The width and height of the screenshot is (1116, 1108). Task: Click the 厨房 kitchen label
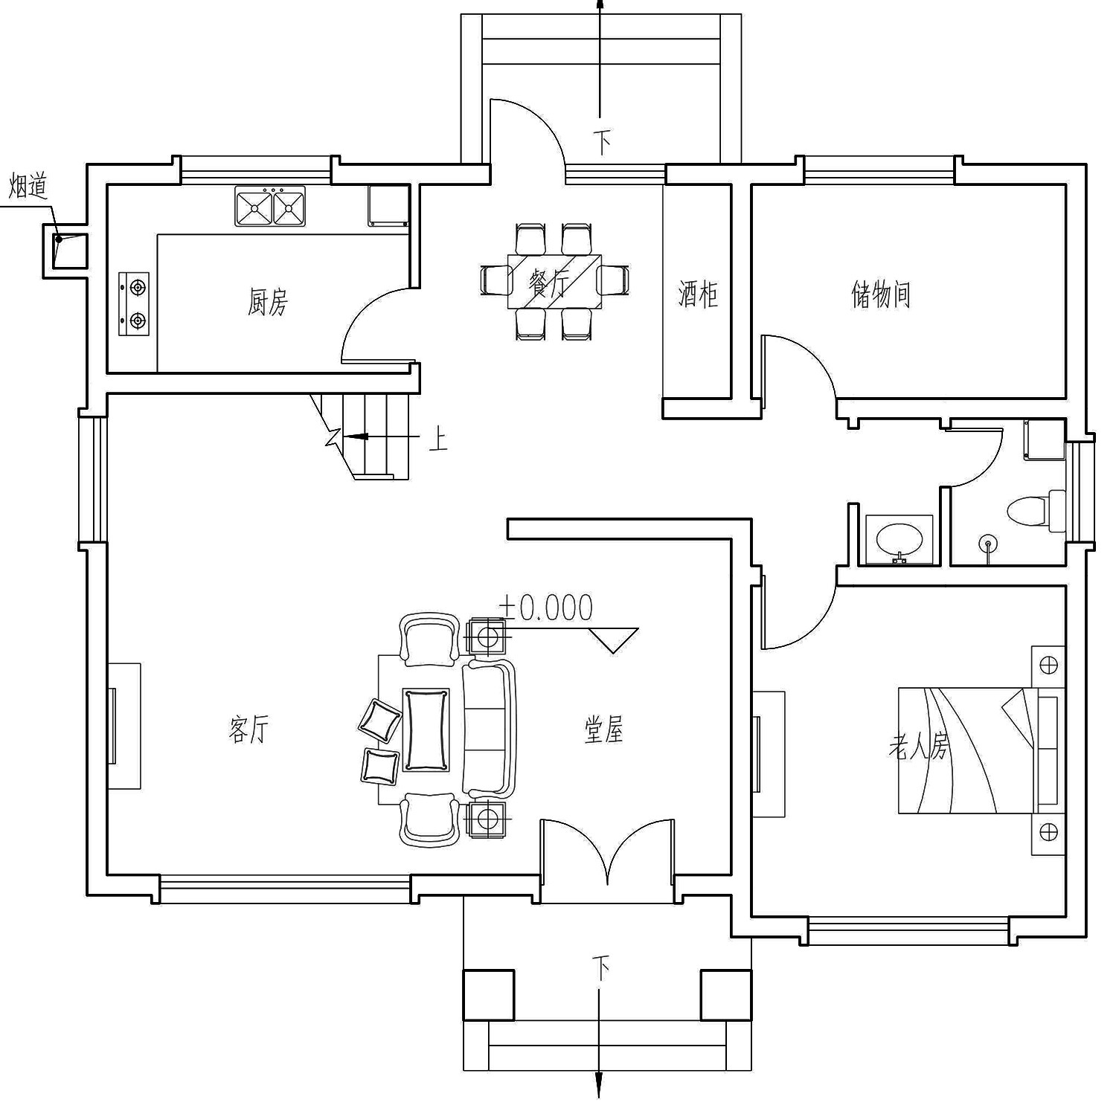(x=267, y=303)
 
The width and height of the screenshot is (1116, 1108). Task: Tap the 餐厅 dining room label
(x=549, y=284)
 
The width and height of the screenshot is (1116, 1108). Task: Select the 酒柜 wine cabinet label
(x=698, y=294)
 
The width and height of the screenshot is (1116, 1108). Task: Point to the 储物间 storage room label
(x=881, y=294)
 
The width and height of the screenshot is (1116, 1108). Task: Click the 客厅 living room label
(x=248, y=729)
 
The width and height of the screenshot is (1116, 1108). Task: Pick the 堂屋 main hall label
(x=603, y=730)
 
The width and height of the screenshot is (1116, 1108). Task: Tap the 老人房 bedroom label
(x=919, y=747)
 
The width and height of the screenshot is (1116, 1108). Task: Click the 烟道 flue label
(x=28, y=186)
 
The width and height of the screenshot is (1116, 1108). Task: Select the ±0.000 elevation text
(x=547, y=608)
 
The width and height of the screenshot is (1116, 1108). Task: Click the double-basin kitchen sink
(x=270, y=206)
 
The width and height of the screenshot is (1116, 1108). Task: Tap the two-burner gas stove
(x=135, y=303)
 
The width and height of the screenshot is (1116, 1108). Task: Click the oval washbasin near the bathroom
(x=899, y=538)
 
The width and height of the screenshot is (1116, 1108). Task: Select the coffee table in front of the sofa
(x=426, y=729)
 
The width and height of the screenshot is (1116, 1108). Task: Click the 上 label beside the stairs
(x=439, y=441)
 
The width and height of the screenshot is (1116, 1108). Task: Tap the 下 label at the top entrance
(x=603, y=141)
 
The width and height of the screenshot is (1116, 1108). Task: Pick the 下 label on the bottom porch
(x=601, y=969)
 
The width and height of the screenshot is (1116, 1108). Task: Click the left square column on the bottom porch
(x=489, y=994)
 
